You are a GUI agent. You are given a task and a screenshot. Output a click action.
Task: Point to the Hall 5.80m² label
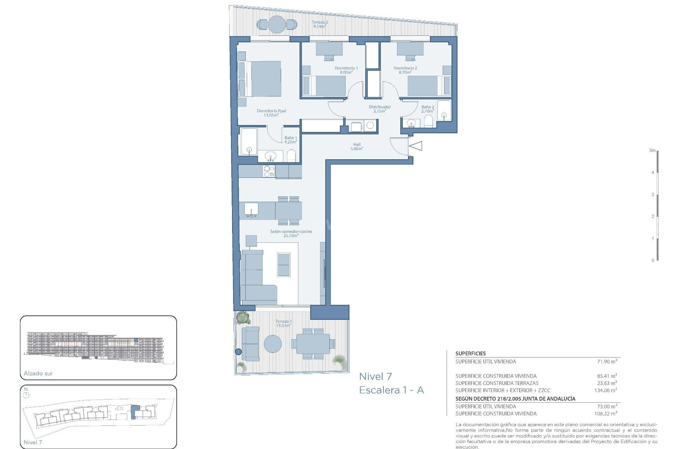(357, 147)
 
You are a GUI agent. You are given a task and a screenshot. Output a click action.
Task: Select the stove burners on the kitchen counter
(269, 172)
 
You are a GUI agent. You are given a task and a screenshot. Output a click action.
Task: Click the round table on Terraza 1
(273, 344)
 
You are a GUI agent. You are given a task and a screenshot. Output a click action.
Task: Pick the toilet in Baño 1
(292, 156)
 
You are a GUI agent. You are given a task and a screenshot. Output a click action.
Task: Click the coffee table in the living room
(284, 264)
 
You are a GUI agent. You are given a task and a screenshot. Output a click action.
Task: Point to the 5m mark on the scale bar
(652, 150)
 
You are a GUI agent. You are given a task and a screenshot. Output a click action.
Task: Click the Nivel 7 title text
(375, 377)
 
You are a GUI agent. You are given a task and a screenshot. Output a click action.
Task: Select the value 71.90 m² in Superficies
(607, 361)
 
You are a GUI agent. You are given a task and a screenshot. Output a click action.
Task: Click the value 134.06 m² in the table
(605, 390)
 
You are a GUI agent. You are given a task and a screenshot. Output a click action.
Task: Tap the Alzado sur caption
(38, 374)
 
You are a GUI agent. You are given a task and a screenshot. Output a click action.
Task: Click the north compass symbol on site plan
(26, 394)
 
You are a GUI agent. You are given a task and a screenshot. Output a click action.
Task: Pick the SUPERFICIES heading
(470, 354)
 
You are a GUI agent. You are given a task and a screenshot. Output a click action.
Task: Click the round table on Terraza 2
(277, 24)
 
